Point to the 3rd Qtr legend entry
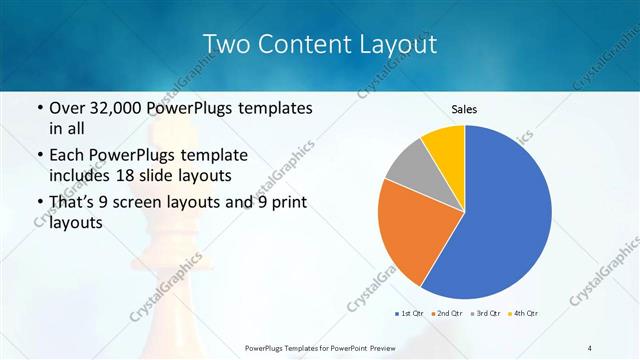point(485,314)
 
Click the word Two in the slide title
point(227,44)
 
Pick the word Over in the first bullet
point(69,108)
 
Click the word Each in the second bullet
point(69,155)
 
